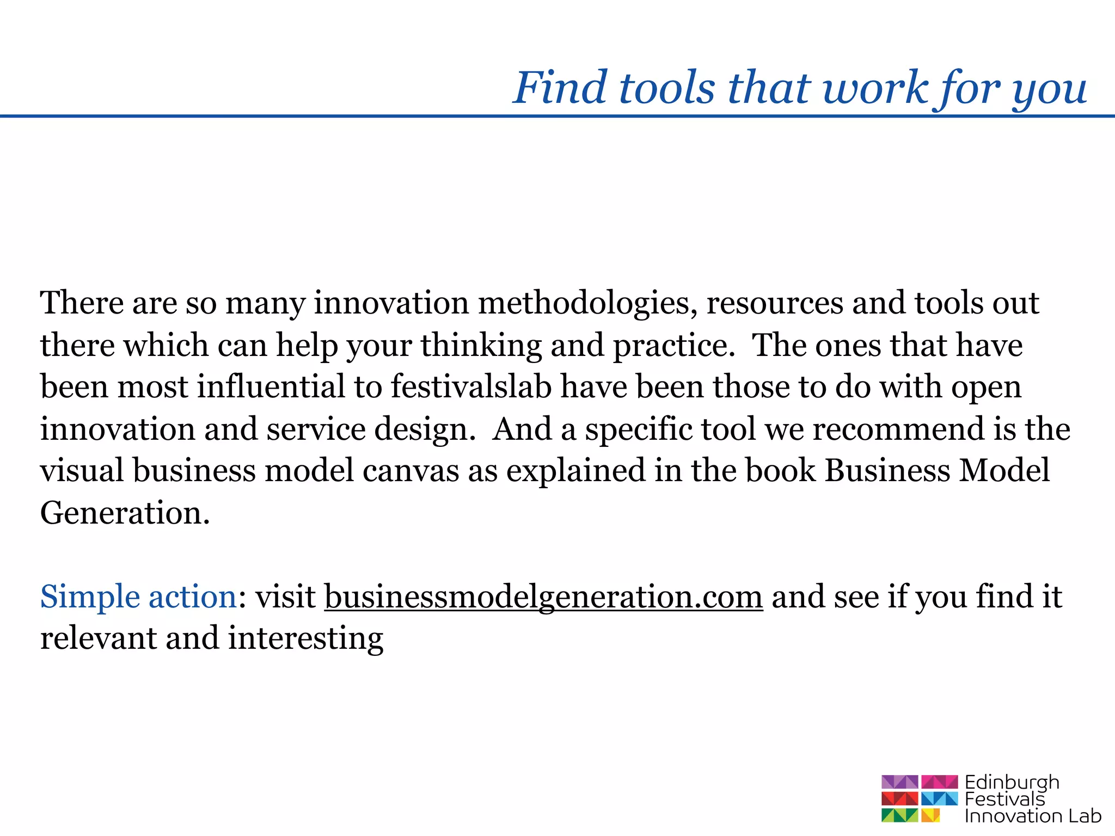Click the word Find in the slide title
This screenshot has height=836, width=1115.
[x=560, y=88]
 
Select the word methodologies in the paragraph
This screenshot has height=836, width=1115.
[x=587, y=304]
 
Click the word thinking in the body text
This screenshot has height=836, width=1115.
[x=481, y=346]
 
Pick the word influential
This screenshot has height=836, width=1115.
[x=271, y=387]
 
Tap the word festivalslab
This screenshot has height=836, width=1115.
[x=471, y=387]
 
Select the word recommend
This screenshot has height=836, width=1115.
[x=899, y=429]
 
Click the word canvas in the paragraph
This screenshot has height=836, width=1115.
[x=411, y=471]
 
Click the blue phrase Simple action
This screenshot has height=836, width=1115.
[x=138, y=597]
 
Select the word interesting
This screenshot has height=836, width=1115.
[x=305, y=640]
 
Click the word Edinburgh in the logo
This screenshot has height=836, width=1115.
[x=1012, y=783]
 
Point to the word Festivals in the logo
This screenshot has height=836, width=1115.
[x=1005, y=799]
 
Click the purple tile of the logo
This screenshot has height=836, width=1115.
[x=899, y=782]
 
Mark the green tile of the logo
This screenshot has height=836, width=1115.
[x=899, y=815]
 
